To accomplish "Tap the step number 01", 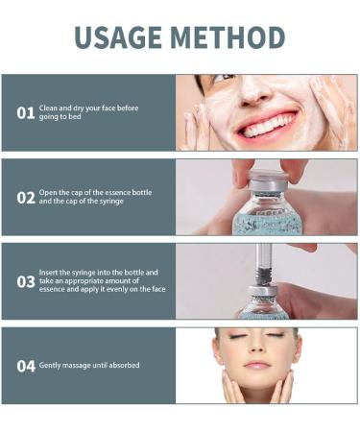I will (x=26, y=113).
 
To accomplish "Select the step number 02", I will (x=26, y=198).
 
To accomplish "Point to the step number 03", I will (x=26, y=282).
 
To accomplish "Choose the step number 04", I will (x=26, y=366).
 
